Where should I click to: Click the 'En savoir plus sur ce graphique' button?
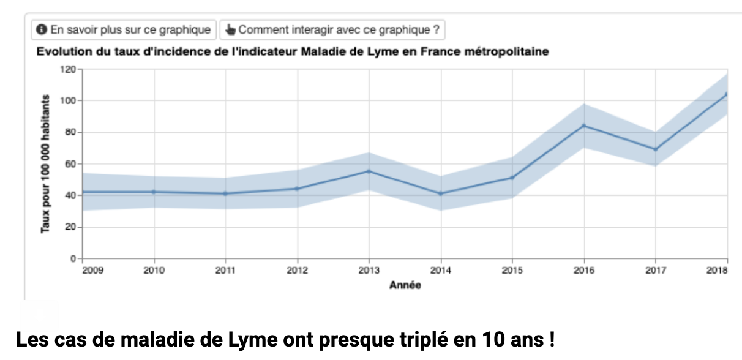point(124,29)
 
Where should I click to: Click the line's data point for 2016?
point(584,126)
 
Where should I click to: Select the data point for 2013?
point(369,171)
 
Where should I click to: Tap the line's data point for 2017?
point(656,149)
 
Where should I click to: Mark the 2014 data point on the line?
point(441,193)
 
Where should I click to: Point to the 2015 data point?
point(512,178)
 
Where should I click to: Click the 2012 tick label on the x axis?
point(298,271)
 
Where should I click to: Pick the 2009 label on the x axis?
point(92,271)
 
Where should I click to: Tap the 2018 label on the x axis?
point(717,271)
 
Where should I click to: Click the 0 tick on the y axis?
point(72,259)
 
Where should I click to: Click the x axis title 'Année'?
point(405,285)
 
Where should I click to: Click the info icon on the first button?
point(42,29)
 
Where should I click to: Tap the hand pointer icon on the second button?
point(230,29)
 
